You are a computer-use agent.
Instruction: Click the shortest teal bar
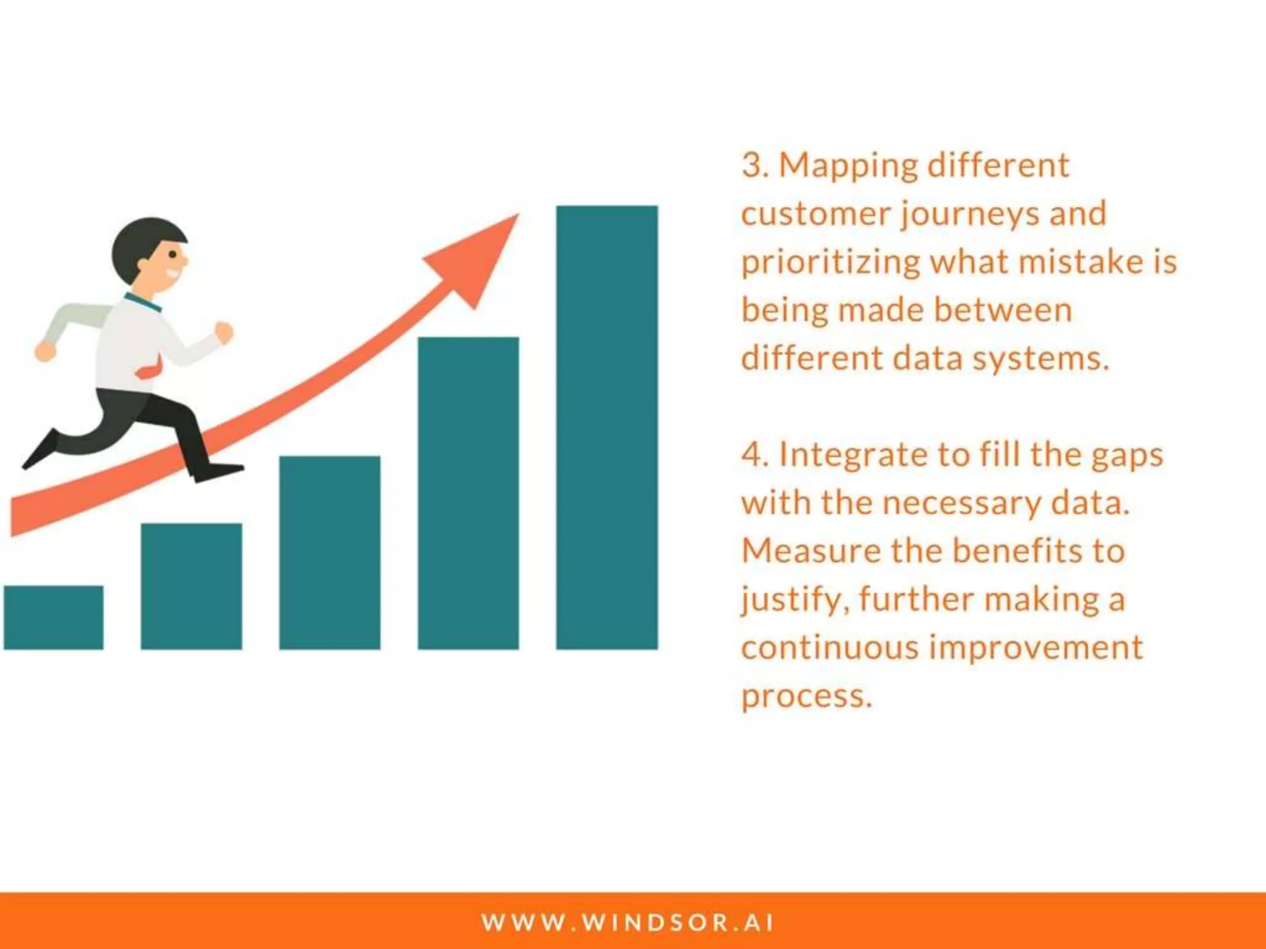pyautogui.click(x=53, y=617)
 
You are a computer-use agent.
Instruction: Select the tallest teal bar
pyautogui.click(x=606, y=427)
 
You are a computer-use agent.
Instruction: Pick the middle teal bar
pyautogui.click(x=329, y=552)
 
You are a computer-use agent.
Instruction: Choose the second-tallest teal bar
pyautogui.click(x=468, y=492)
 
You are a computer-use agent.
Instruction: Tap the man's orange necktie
pyautogui.click(x=150, y=371)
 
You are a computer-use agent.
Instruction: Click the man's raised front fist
pyautogui.click(x=224, y=332)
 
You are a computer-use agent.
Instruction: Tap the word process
pyautogui.click(x=806, y=697)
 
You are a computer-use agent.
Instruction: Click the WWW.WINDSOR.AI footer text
pyautogui.click(x=627, y=922)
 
